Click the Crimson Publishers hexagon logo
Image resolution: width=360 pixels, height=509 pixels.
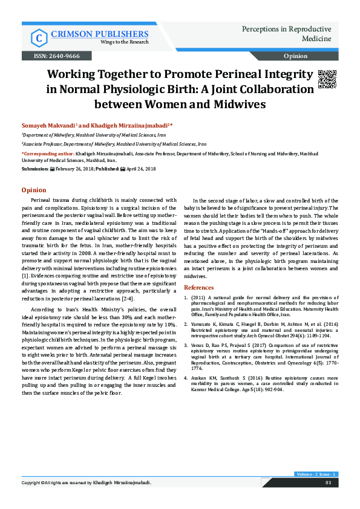click(x=39, y=37)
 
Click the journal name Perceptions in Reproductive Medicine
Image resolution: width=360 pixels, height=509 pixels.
click(x=286, y=34)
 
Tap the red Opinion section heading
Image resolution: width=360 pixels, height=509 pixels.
click(x=33, y=190)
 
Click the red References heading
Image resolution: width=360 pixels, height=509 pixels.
click(x=198, y=287)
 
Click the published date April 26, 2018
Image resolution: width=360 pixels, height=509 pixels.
click(x=141, y=170)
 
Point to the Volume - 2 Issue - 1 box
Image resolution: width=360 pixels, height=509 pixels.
click(x=316, y=473)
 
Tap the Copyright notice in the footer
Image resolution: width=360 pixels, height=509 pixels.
click(x=86, y=483)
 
